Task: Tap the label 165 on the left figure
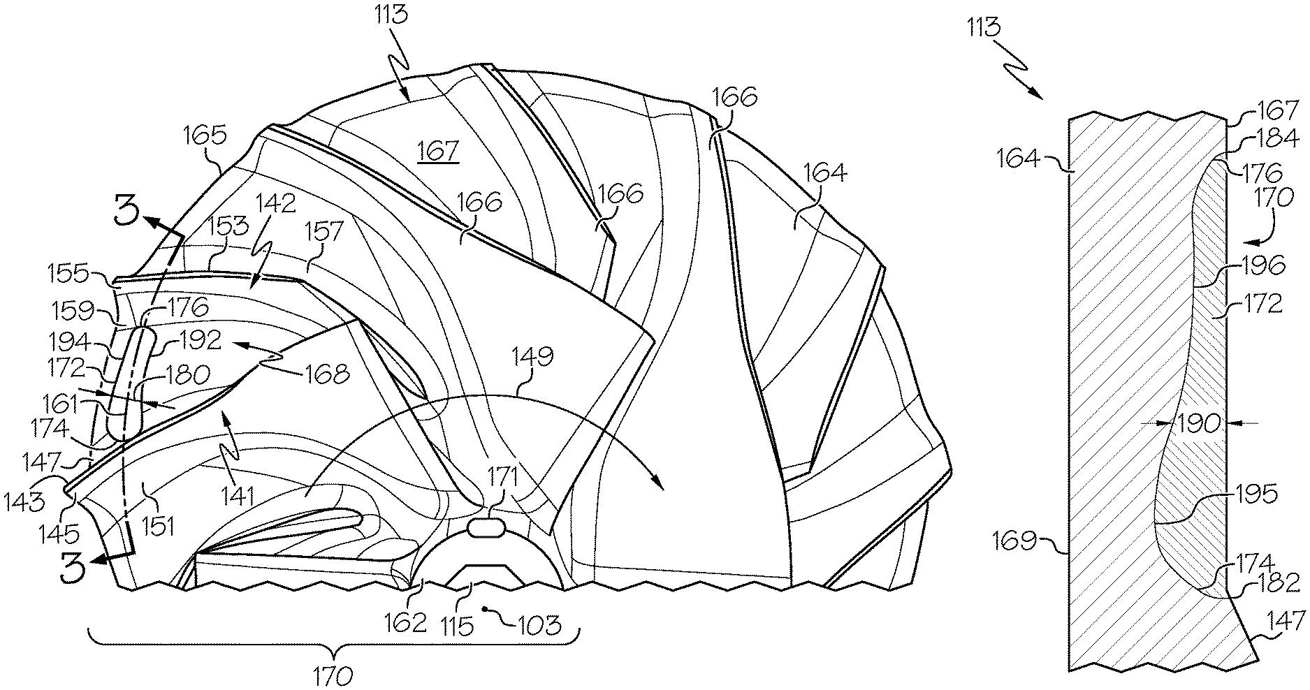point(208,135)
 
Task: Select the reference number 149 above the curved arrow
point(534,356)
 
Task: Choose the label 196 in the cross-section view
point(1262,265)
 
